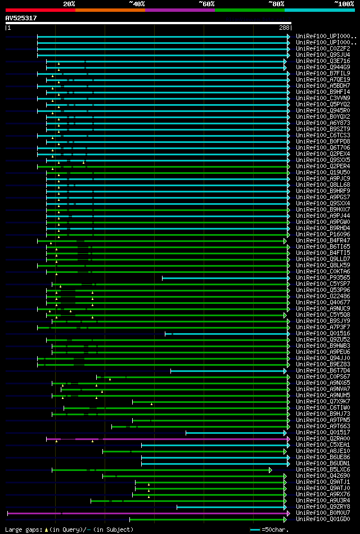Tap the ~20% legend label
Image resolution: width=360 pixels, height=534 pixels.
click(x=69, y=3)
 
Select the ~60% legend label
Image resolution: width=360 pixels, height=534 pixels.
click(x=206, y=3)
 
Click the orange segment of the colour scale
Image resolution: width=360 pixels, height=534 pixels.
click(x=110, y=10)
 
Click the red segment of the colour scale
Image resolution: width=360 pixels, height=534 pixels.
click(x=40, y=10)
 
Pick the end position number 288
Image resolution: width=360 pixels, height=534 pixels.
click(x=284, y=28)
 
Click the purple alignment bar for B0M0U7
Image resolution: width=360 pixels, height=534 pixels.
click(x=146, y=513)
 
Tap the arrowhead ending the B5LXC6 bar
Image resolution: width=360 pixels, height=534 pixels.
click(x=270, y=470)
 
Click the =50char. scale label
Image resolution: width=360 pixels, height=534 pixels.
click(x=277, y=529)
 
